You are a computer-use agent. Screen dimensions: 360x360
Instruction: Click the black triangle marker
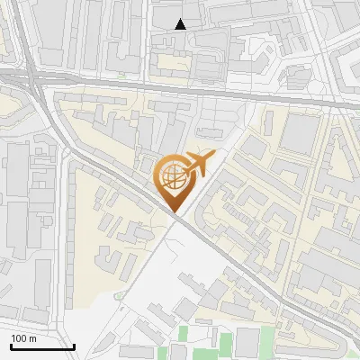pyautogui.click(x=181, y=24)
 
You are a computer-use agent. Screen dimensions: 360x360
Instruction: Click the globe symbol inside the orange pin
pyautogui.click(x=173, y=176)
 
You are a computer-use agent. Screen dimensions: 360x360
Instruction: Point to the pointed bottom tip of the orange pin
pyautogui.click(x=173, y=211)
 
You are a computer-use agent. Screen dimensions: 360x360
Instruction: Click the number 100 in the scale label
pyautogui.click(x=19, y=338)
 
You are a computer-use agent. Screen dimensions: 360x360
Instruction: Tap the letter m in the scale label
pyautogui.click(x=32, y=338)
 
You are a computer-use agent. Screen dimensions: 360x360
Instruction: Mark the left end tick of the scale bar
pyautogui.click(x=11, y=345)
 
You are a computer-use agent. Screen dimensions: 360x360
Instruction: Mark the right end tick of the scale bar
pyautogui.click(x=74, y=345)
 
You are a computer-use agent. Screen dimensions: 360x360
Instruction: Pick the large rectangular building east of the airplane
pyautogui.click(x=300, y=132)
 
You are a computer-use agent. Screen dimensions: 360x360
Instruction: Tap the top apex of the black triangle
pyautogui.click(x=181, y=19)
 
